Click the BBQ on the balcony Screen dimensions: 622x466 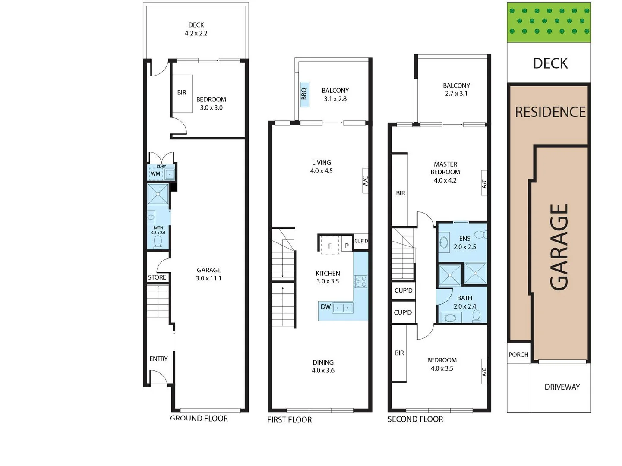[305, 94]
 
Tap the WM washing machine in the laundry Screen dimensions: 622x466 [155, 173]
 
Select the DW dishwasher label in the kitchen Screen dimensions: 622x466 [325, 306]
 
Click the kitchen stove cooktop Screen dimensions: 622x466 [360, 282]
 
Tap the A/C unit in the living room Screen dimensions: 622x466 [365, 181]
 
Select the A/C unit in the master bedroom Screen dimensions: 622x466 [484, 183]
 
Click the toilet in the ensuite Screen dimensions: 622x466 [480, 235]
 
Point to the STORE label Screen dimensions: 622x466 [157, 277]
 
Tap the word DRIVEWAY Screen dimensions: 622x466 [562, 387]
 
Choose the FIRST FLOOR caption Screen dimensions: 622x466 [289, 419]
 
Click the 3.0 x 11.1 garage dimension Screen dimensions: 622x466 [208, 278]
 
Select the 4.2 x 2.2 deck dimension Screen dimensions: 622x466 [196, 33]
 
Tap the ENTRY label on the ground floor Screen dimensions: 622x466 [158, 359]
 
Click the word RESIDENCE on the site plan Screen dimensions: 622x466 [550, 112]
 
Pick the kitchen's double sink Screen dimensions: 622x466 [343, 308]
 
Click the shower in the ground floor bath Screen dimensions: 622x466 [158, 194]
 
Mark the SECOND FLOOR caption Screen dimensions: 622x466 [415, 419]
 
